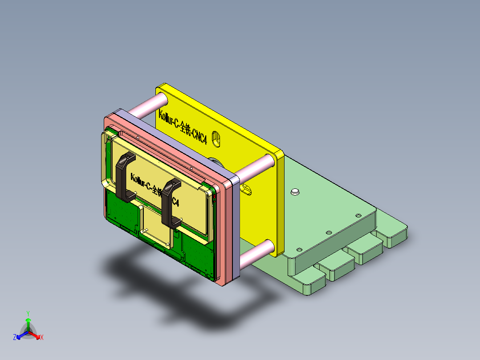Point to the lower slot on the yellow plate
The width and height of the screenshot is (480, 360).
pyautogui.click(x=246, y=190)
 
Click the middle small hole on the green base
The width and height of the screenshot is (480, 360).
pyautogui.click(x=329, y=232)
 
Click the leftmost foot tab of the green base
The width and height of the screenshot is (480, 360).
pyautogui.click(x=307, y=286)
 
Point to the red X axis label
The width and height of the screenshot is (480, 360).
pyautogui.click(x=42, y=338)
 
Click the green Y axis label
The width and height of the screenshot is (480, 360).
pyautogui.click(x=28, y=313)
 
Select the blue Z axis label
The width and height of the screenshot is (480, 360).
pyautogui.click(x=15, y=337)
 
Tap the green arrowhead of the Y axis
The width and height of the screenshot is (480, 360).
pyautogui.click(x=28, y=320)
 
